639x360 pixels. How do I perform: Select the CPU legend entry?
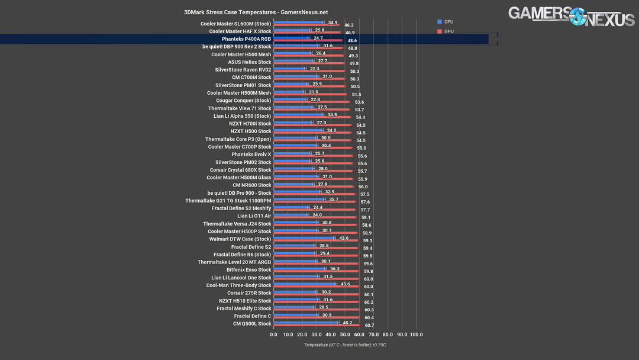tap(448, 22)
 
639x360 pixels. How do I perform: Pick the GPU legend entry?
tap(448, 31)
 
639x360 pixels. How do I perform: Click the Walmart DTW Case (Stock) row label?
tap(240, 239)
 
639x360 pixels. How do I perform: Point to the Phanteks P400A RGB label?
tap(246, 39)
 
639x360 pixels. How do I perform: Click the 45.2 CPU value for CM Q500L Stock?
tap(347, 323)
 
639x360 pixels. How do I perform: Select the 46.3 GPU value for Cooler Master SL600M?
tap(349, 25)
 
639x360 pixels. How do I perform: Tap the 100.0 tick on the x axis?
tap(417, 335)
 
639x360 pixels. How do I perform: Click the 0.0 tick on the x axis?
tap(273, 335)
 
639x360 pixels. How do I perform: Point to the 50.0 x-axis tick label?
tap(345, 335)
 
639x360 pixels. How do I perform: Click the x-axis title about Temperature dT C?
tap(345, 345)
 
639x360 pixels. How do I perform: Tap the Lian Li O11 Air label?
tap(254, 216)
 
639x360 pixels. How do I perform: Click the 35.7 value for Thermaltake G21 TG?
tap(334, 200)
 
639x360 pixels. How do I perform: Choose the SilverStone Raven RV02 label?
tap(243, 70)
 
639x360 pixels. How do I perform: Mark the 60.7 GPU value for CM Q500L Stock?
tap(369, 326)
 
